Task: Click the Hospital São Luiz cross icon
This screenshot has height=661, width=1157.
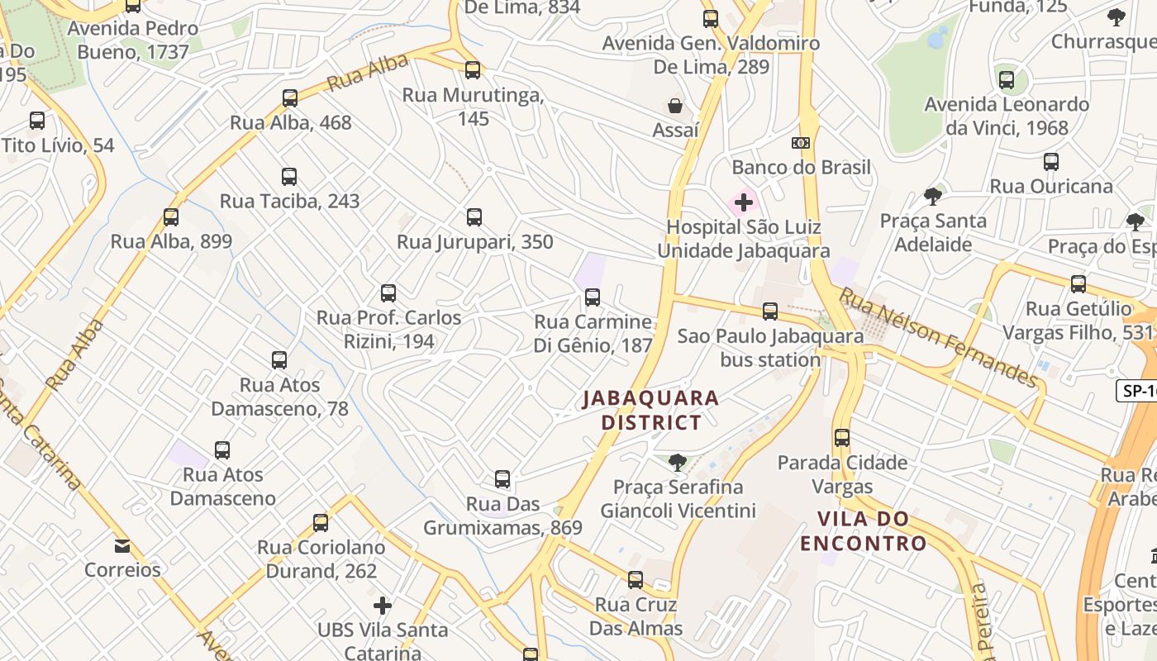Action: tap(743, 202)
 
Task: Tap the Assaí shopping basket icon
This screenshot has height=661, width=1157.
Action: tap(675, 106)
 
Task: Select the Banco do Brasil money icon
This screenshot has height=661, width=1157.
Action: tap(800, 143)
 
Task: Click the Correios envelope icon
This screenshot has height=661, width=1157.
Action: tap(122, 546)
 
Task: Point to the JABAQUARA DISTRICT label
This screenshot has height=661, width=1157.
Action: tap(651, 411)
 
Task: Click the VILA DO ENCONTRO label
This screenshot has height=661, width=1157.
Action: tap(863, 531)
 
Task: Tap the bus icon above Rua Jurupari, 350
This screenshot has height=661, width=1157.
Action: tap(474, 217)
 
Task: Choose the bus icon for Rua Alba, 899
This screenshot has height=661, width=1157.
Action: tap(170, 217)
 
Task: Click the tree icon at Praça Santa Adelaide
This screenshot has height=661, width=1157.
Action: tap(933, 197)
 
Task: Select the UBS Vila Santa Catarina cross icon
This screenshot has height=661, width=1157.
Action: tap(382, 606)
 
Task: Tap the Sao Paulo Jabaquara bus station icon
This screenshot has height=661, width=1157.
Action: tap(769, 311)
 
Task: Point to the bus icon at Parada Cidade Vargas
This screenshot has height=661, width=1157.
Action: tap(841, 438)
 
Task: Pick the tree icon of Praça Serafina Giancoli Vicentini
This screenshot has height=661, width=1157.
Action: tap(678, 463)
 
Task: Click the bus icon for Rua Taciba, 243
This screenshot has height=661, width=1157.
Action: tap(288, 177)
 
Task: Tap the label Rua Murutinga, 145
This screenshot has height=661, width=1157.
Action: tap(473, 107)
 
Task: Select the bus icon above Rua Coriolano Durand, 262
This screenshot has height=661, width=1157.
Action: tap(321, 523)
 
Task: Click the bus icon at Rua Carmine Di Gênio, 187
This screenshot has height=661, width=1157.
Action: tap(593, 297)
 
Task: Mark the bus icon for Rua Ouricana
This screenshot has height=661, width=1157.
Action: tap(1050, 162)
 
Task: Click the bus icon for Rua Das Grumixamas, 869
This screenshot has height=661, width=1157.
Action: tap(502, 479)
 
